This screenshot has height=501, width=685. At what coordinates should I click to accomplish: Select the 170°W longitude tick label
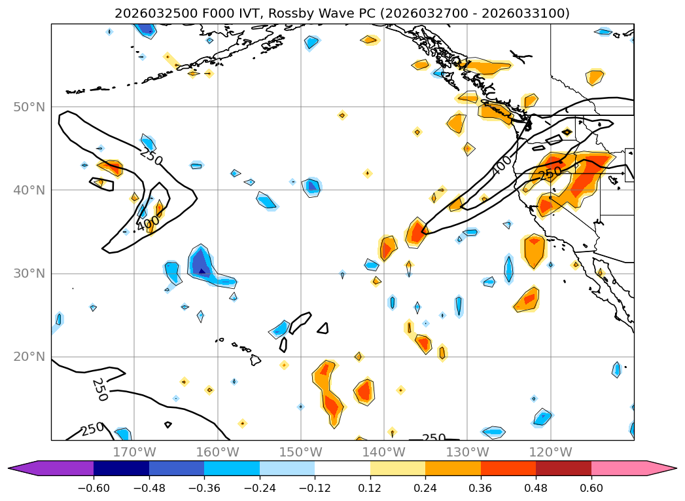(134, 452)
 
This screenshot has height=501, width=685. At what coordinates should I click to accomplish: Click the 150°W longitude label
(301, 452)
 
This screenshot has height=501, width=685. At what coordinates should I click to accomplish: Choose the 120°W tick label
(550, 452)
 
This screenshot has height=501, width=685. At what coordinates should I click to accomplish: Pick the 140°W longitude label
(384, 452)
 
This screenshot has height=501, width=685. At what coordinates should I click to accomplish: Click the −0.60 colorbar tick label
(94, 489)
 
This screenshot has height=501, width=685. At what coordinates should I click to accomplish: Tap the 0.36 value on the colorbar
(481, 489)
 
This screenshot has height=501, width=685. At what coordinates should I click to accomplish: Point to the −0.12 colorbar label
(315, 489)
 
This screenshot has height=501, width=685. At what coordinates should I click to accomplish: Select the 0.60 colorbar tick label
(591, 489)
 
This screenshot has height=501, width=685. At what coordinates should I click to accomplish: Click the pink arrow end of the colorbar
(661, 468)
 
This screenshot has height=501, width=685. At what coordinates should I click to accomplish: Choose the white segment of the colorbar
(342, 468)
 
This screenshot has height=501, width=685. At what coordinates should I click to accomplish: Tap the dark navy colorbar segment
(121, 468)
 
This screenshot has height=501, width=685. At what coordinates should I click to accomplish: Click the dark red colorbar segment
(563, 468)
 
